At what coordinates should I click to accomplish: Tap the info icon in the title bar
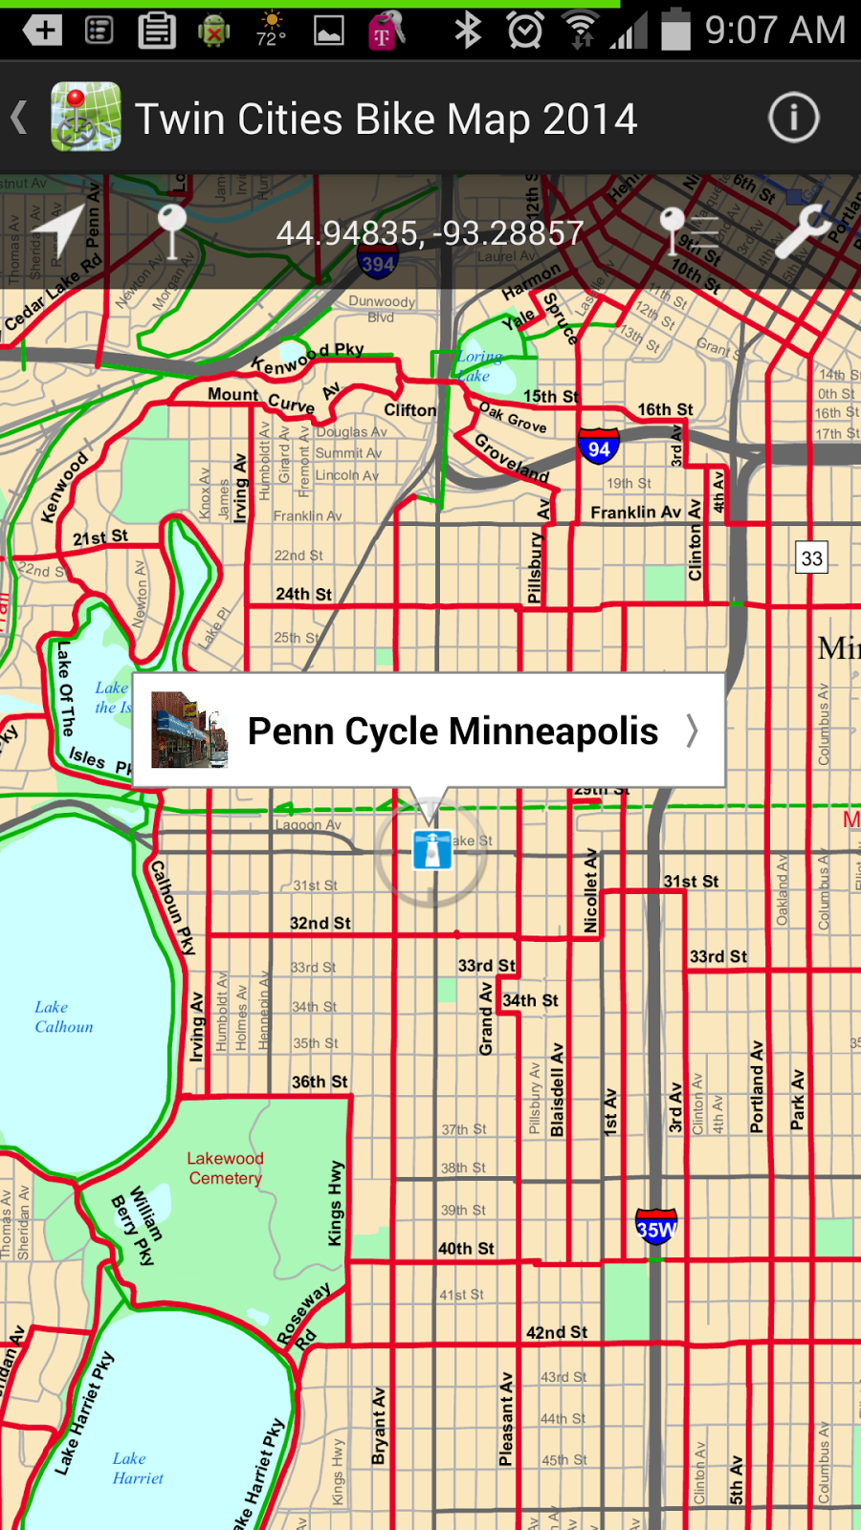click(x=793, y=119)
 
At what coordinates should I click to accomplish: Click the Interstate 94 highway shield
click(x=599, y=448)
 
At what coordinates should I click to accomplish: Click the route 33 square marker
click(x=811, y=557)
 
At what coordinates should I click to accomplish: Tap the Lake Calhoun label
click(x=63, y=1016)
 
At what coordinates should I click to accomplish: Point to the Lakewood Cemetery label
click(x=225, y=1168)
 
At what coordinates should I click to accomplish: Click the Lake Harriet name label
click(x=137, y=1468)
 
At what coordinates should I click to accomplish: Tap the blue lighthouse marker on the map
click(x=431, y=849)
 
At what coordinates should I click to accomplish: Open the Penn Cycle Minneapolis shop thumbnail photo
click(x=189, y=731)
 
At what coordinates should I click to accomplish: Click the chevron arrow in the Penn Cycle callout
click(x=692, y=732)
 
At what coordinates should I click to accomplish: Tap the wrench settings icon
click(x=802, y=230)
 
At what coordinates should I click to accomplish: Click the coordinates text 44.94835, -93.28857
click(x=430, y=233)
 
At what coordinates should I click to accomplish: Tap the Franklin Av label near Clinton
click(x=635, y=513)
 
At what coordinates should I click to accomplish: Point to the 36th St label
click(x=320, y=1082)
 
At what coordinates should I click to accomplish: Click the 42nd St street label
click(x=557, y=1332)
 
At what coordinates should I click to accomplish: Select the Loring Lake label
click(x=478, y=365)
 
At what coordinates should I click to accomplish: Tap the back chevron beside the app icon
click(x=19, y=119)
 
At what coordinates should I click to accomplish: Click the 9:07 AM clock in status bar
click(x=775, y=31)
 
